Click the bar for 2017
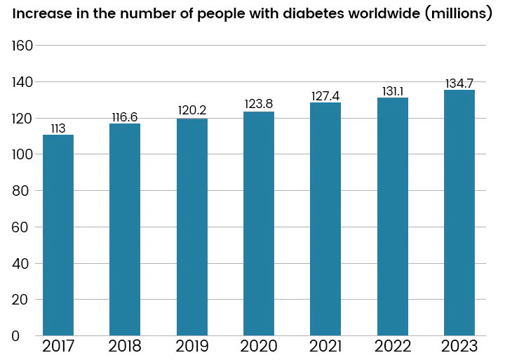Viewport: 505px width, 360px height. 58,234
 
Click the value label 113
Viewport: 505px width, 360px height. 58,128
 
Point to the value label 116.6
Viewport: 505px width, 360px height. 125,117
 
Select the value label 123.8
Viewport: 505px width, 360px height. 259,105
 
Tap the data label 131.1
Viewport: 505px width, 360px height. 393,91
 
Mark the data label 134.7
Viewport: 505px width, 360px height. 459,84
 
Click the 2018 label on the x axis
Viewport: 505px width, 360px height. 125,346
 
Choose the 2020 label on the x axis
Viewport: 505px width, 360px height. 259,346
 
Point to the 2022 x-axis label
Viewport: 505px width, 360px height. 393,346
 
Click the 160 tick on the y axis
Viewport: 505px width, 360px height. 23,46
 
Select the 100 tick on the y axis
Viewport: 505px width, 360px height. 23,154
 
